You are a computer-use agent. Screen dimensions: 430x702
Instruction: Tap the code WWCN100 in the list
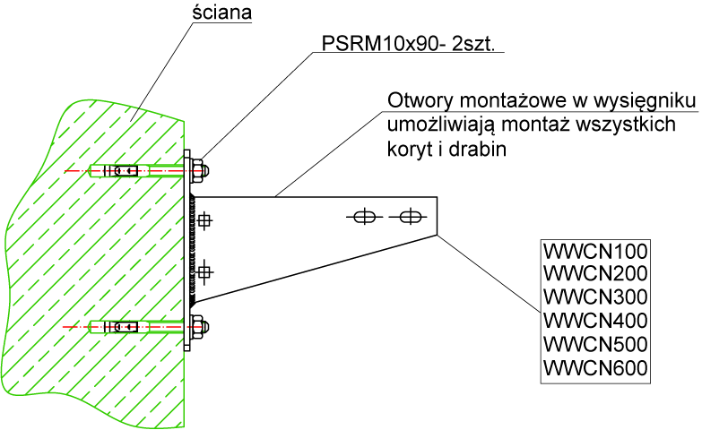coord(594,250)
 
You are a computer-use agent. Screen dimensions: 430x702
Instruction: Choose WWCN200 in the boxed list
coord(594,273)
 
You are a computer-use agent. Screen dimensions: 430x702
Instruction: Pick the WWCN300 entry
coord(594,297)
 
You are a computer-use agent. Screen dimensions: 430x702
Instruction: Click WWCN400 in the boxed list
coord(594,320)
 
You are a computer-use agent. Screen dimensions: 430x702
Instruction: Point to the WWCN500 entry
coord(594,343)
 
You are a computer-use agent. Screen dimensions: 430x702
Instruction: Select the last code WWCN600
coord(594,366)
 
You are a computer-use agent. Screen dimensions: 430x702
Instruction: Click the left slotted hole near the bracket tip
coord(363,217)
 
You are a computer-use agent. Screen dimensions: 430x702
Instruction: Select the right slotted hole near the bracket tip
coord(410,217)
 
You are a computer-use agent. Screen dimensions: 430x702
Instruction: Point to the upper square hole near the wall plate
coord(205,219)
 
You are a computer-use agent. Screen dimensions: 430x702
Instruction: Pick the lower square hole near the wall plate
coord(205,269)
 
